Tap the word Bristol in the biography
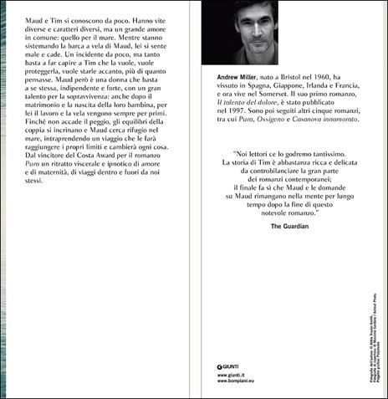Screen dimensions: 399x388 point(285,77)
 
